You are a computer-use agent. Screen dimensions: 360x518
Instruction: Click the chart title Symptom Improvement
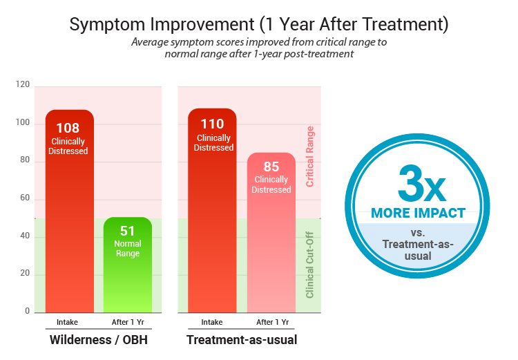[259, 25]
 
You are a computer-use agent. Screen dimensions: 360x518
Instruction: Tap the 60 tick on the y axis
[24, 199]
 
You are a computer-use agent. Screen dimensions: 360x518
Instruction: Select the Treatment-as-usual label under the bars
[242, 341]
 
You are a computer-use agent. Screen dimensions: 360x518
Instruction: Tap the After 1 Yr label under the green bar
[128, 323]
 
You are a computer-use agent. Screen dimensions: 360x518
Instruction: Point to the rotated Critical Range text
[310, 156]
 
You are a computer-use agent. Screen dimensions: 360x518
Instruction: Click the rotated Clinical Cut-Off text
[310, 265]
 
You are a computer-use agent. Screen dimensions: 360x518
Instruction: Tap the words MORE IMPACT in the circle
[418, 213]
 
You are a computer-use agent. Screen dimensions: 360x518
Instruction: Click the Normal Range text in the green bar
[128, 248]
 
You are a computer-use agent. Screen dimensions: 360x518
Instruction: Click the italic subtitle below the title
[259, 48]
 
